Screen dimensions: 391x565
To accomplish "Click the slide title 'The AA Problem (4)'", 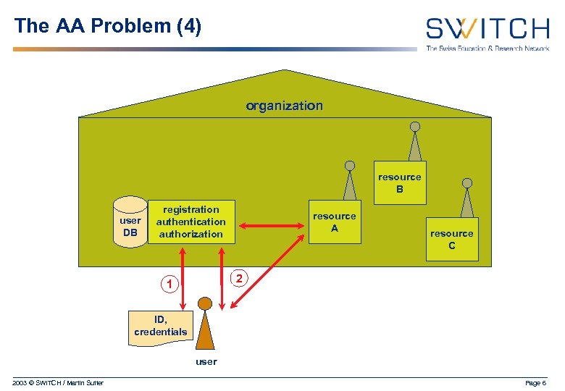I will (108, 26).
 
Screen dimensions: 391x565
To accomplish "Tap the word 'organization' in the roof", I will (284, 106).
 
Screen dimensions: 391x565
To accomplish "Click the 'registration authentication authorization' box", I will (191, 222).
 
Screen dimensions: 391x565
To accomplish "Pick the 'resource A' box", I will (334, 222).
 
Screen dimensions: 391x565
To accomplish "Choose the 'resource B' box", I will (399, 182).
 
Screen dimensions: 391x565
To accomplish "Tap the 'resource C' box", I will (452, 239).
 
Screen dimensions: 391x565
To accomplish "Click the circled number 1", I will (169, 285).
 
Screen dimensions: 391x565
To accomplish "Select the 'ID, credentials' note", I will (160, 326).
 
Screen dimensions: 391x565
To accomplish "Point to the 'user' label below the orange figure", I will (206, 361).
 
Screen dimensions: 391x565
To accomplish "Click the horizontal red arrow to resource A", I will (272, 227).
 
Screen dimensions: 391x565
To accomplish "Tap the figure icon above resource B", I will (414, 142).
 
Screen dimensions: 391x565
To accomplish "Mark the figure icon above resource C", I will (467, 198).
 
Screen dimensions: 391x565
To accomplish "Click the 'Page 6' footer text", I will (536, 382).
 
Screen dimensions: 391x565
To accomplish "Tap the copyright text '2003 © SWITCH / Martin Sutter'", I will (58, 382).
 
